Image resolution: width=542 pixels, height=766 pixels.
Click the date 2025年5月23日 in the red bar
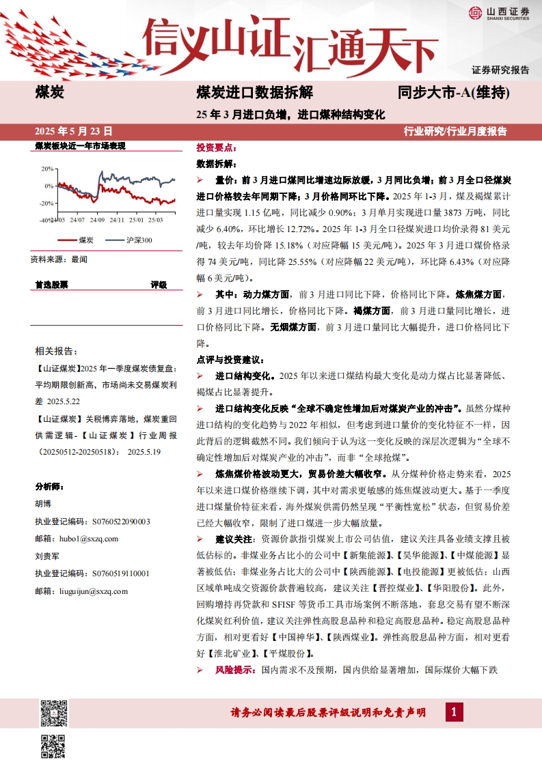[74, 131]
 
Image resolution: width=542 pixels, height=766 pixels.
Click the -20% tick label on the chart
[47, 203]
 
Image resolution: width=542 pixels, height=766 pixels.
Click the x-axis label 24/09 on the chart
[96, 220]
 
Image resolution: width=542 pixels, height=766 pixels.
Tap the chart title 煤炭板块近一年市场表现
[81, 146]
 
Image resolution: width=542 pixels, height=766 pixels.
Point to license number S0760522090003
[92, 521]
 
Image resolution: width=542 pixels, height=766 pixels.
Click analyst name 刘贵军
[47, 556]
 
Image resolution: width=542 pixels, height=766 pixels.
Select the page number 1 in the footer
[454, 713]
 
